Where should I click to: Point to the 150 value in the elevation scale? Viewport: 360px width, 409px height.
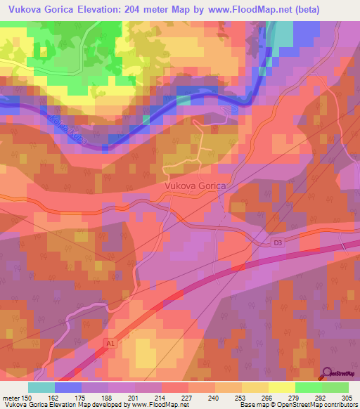(x=28, y=397)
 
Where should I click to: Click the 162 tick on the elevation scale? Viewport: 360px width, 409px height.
(x=54, y=397)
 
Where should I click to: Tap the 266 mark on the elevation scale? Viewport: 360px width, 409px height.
(x=268, y=397)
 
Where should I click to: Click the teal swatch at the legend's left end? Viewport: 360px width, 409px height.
(x=41, y=387)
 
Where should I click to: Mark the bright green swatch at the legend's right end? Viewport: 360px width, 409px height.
(x=335, y=387)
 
